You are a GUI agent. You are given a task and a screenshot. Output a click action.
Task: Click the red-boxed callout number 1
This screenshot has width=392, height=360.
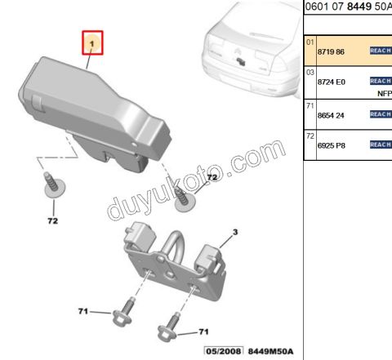(x=92, y=43)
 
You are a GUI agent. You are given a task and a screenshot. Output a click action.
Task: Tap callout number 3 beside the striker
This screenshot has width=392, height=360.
(x=235, y=232)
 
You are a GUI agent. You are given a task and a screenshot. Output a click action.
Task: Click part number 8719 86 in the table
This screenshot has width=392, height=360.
(x=331, y=51)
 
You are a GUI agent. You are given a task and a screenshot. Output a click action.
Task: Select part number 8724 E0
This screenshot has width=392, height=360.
(x=332, y=82)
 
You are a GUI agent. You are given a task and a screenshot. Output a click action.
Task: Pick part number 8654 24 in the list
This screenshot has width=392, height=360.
(x=331, y=115)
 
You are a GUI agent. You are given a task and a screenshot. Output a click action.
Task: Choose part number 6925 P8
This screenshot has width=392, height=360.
(x=332, y=145)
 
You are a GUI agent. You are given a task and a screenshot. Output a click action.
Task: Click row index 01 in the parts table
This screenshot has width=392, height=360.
(x=310, y=42)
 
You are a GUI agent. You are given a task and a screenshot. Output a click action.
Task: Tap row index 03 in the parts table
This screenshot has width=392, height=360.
(x=310, y=73)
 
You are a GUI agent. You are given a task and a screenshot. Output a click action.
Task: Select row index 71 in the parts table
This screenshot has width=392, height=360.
(x=310, y=105)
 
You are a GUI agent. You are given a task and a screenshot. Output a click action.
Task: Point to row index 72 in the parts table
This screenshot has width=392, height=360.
(x=310, y=136)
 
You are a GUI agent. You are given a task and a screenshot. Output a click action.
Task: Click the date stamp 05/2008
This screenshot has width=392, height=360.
(x=224, y=351)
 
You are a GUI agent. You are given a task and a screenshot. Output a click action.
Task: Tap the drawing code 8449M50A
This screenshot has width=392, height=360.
(x=270, y=351)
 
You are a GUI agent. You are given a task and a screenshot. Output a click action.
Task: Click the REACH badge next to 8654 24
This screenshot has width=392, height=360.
(x=381, y=114)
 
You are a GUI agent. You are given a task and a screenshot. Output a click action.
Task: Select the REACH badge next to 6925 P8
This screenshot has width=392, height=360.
(x=381, y=144)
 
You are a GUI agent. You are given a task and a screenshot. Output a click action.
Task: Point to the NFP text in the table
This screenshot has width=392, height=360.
(x=385, y=94)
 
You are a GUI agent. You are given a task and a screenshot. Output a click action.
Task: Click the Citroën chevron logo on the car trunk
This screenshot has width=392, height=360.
(x=237, y=51)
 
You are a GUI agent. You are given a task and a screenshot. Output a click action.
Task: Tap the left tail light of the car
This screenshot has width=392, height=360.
(x=214, y=47)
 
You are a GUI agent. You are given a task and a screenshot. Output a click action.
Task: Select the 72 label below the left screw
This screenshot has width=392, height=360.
(x=53, y=220)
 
